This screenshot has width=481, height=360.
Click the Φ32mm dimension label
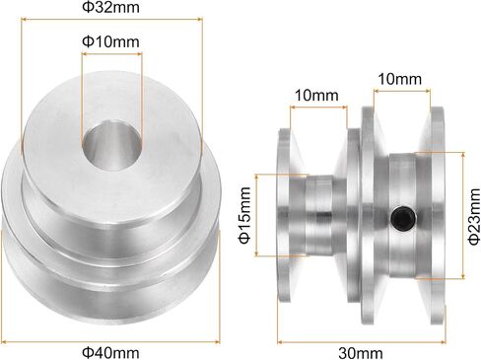[110, 7]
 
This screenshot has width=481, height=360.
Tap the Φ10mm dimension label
[110, 41]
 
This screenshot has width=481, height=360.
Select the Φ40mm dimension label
[110, 353]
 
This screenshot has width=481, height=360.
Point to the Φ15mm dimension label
[245, 215]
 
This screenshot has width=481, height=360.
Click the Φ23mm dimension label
[474, 217]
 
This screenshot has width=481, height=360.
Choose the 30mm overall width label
[361, 353]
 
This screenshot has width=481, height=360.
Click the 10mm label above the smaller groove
[316, 95]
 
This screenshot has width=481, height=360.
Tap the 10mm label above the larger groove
[399, 79]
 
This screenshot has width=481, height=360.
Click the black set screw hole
[403, 219]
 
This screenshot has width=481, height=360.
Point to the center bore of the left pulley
[111, 145]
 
